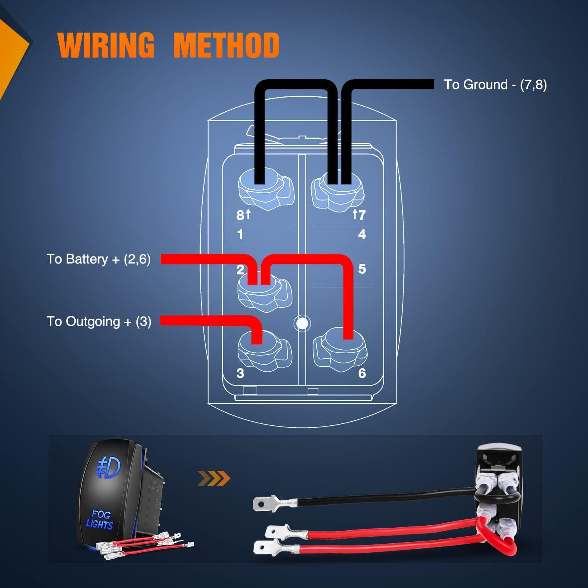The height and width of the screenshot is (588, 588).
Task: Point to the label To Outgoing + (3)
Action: pyautogui.click(x=99, y=321)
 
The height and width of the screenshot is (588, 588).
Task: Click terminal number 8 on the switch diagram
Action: pyautogui.click(x=240, y=215)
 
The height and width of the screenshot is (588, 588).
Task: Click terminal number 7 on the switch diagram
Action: pyautogui.click(x=361, y=215)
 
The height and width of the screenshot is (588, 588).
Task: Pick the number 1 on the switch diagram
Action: pyautogui.click(x=240, y=234)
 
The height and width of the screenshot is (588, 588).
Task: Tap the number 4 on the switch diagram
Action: pyautogui.click(x=362, y=234)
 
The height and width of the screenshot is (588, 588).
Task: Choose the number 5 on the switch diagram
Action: pyautogui.click(x=362, y=269)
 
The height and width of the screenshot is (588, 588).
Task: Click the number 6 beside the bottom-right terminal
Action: pyautogui.click(x=362, y=373)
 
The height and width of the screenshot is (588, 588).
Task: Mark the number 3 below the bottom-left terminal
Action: pyautogui.click(x=240, y=373)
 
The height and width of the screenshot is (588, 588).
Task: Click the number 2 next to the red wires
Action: pyautogui.click(x=240, y=269)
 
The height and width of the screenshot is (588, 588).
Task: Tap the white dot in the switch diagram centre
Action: pyautogui.click(x=302, y=323)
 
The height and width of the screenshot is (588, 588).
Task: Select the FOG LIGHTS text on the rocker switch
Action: pyautogui.click(x=100, y=519)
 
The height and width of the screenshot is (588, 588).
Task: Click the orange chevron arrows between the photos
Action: pyautogui.click(x=214, y=478)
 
